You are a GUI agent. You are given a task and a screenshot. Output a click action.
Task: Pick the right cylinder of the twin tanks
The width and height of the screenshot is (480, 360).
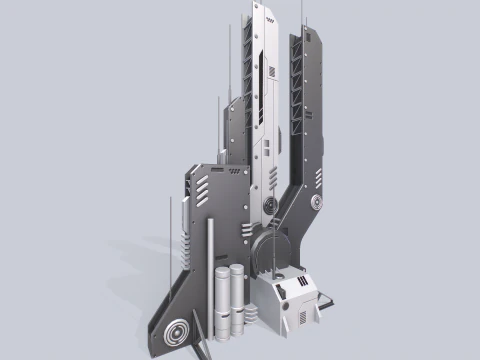pos(238,295)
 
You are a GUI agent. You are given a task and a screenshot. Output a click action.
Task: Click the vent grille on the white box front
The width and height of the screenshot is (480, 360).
pos(300,319)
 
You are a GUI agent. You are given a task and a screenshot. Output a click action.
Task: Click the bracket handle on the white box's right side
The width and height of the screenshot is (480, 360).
pos(326,297)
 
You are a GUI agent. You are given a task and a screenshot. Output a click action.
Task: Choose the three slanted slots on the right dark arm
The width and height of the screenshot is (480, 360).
pos(319,178)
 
